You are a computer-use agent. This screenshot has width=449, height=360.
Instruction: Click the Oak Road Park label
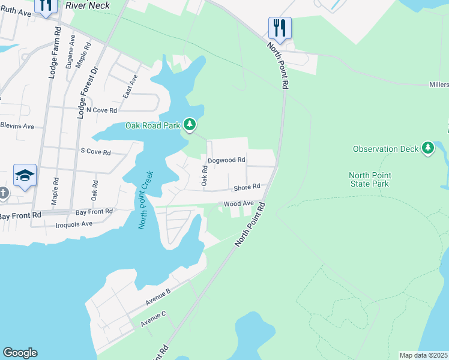(x=152, y=125)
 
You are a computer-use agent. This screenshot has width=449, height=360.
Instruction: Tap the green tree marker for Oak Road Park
(x=190, y=124)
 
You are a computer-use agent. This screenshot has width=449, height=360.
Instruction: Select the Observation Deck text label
(x=384, y=149)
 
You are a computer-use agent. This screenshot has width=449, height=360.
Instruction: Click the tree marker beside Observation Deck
(x=427, y=148)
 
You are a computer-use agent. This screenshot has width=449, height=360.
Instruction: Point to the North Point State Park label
(x=370, y=179)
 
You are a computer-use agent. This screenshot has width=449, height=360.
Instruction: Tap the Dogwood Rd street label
(x=226, y=160)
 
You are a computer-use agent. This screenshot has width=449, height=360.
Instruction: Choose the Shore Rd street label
(x=247, y=187)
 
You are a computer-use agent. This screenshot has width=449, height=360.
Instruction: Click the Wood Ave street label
(x=239, y=204)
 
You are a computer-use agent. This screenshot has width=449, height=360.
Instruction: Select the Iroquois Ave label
(x=74, y=224)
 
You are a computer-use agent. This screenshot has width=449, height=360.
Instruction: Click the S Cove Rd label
(x=95, y=152)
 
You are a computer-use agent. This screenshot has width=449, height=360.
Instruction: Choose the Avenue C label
(x=153, y=319)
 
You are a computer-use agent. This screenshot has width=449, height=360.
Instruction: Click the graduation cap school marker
(x=25, y=175)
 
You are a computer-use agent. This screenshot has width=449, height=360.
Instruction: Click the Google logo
(x=20, y=353)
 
